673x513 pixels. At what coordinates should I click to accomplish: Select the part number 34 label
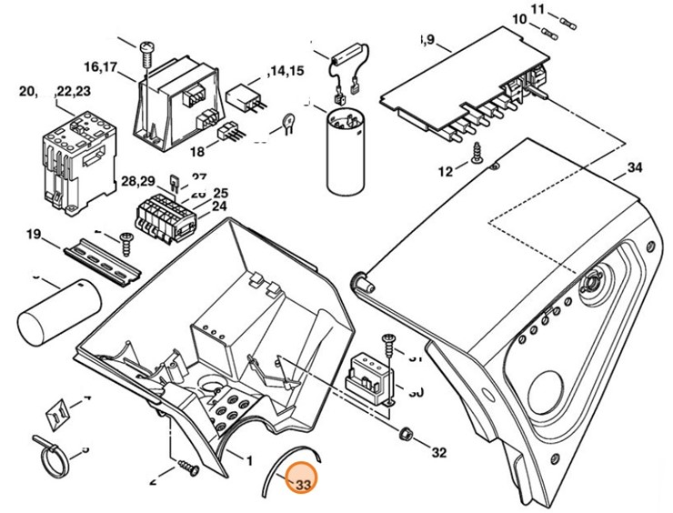tap(634, 169)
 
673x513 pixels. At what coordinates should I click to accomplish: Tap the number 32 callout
tap(438, 452)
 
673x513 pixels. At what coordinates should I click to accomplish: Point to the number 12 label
tap(445, 171)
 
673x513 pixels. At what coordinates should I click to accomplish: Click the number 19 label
tap(34, 235)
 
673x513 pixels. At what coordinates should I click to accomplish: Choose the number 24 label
tap(219, 206)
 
